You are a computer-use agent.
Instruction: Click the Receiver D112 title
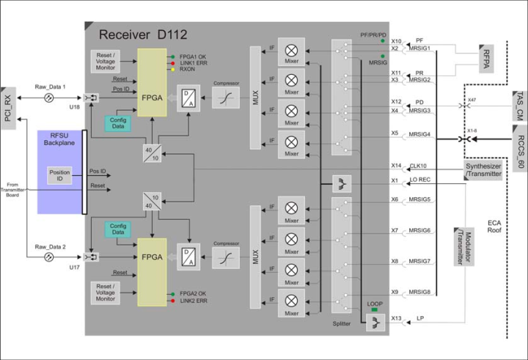144,34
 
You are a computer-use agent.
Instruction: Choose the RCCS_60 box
517,150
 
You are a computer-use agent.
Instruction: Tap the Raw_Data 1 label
51,87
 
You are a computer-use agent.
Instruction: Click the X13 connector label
396,318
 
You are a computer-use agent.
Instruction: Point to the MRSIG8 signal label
420,293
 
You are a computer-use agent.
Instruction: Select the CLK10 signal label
417,166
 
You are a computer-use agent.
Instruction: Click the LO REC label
419,180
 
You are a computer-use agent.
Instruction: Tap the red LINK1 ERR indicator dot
172,64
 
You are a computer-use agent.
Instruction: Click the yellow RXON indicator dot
172,70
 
